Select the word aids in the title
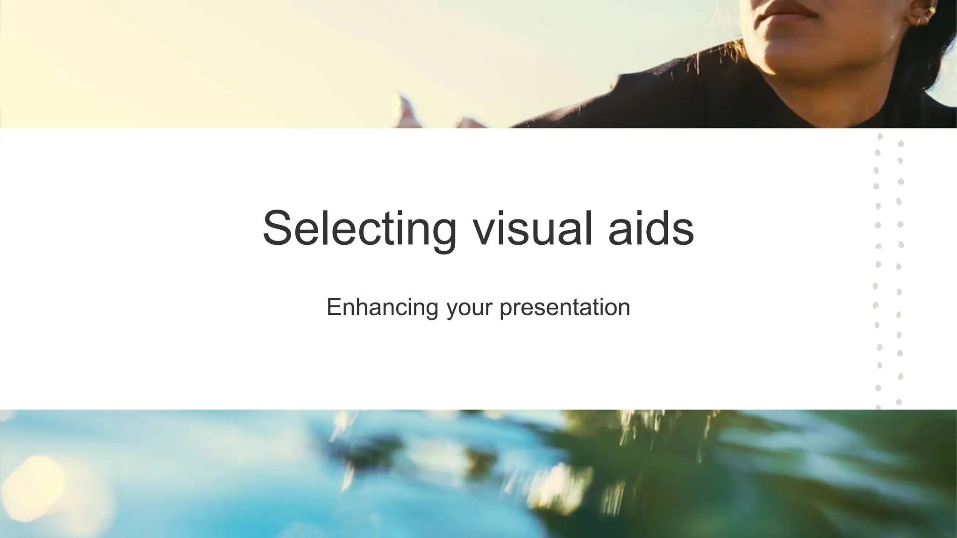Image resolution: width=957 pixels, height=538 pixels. tap(651, 229)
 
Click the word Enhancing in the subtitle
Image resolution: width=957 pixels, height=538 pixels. tap(382, 307)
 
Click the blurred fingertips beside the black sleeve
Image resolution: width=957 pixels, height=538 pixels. tap(407, 112)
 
